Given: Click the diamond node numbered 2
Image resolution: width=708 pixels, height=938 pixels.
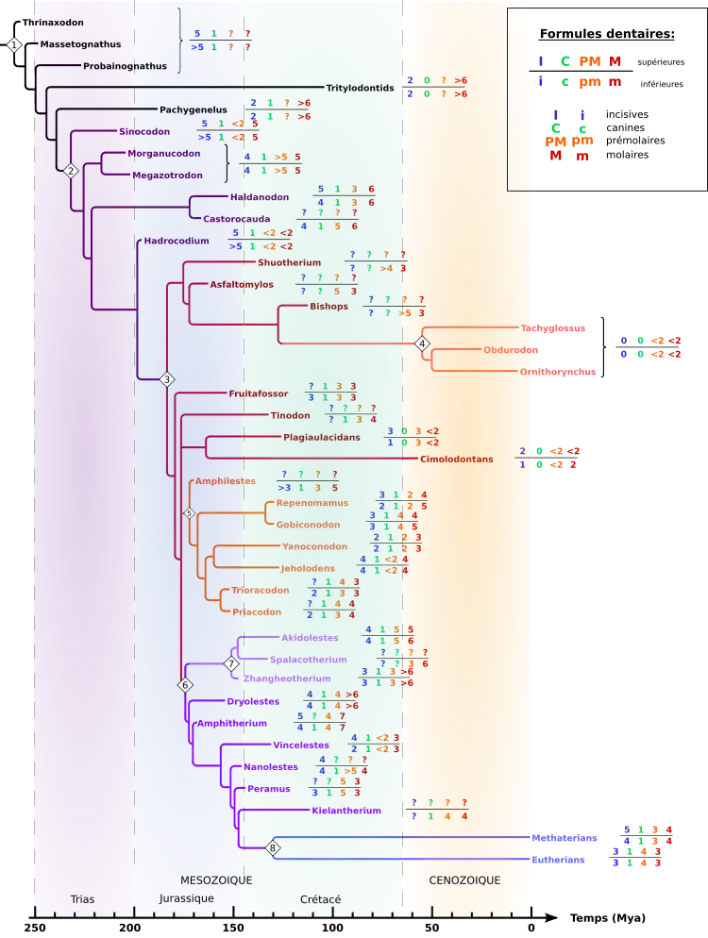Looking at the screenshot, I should coord(70,171).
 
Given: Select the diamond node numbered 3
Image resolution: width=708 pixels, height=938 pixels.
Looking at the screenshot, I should coord(167,379).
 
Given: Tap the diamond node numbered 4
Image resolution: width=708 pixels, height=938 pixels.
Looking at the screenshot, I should coord(422,343).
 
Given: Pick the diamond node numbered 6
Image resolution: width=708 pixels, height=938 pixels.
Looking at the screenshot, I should coord(185,684).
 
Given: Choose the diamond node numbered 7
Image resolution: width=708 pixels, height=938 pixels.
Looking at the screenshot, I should coord(232,664).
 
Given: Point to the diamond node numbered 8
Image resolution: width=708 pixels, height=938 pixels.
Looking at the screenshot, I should coord(273,847).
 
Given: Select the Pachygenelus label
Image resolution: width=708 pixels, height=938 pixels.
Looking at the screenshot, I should coord(193,109).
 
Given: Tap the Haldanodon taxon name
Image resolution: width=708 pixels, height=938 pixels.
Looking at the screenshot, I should coord(260,197).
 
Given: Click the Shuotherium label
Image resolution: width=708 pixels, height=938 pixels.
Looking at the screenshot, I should coord(289,262).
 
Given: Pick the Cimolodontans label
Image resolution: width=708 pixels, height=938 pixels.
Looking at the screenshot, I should coord(456,460).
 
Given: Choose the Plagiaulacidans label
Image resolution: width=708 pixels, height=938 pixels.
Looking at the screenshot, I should coord(321,438).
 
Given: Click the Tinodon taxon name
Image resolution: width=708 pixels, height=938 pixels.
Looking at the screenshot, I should coord(290,415).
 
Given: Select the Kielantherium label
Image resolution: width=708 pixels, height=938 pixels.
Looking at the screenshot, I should coord(346,811).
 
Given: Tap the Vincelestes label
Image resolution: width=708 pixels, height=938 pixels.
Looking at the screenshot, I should coord(301,745).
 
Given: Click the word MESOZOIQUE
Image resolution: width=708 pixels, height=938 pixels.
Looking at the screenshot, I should coord(216,880).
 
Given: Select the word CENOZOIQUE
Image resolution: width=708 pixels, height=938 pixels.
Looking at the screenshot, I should coord(464,880).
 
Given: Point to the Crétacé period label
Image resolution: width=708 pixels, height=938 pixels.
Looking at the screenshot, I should coord(320,899).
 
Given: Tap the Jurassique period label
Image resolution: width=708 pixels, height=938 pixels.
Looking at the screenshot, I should coord(186,898).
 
